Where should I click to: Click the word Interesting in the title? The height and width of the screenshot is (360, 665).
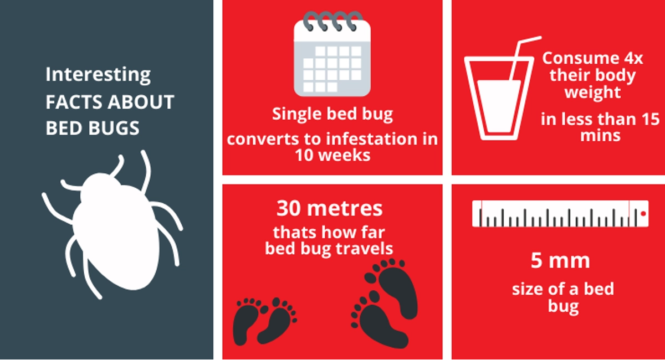[98, 75]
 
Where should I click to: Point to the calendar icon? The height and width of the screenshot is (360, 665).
[332, 54]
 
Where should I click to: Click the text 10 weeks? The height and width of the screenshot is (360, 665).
[332, 155]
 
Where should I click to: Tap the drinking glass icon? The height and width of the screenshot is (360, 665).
[499, 98]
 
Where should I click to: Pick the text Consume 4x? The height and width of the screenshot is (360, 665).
[592, 58]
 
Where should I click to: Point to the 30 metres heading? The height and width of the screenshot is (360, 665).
[330, 208]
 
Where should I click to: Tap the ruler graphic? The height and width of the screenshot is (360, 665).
[560, 214]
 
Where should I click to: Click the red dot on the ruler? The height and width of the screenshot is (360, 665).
[643, 214]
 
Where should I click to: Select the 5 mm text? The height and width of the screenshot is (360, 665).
[560, 261]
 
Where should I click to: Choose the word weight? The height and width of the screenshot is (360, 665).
[592, 92]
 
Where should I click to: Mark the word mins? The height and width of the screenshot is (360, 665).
[600, 136]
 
